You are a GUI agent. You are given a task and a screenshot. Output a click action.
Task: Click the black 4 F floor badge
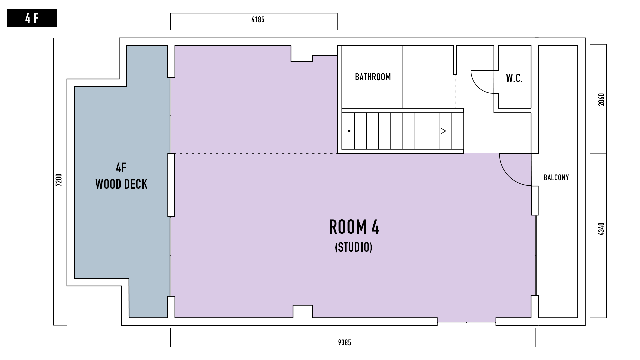point(32,18)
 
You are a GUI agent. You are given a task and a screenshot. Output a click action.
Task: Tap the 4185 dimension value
point(258,20)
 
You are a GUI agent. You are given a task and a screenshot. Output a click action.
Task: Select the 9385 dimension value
point(345,342)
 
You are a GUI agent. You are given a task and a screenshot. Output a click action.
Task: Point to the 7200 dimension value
point(59,180)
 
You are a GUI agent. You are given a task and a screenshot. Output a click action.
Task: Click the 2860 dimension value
point(601,99)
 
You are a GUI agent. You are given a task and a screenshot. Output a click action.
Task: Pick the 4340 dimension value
point(601,229)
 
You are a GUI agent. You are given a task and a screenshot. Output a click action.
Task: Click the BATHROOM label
point(373,77)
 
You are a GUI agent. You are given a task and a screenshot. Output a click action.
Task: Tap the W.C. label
point(514,78)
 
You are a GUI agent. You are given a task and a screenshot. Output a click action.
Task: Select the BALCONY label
point(556,178)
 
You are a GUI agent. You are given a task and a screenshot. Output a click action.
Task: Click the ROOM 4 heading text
point(354,227)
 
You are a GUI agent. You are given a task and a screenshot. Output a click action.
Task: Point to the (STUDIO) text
point(354,247)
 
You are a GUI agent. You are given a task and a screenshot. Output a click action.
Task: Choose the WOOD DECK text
point(121,184)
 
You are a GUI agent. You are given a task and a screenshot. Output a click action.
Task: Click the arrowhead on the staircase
point(444,131)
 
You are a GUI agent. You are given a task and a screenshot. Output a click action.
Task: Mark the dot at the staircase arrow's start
point(349,131)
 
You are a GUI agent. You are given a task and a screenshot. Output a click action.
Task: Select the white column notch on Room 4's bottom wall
point(303,311)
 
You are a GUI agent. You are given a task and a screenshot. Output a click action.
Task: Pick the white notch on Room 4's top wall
point(302,53)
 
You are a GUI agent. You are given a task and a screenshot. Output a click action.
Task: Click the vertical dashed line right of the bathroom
point(455,91)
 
